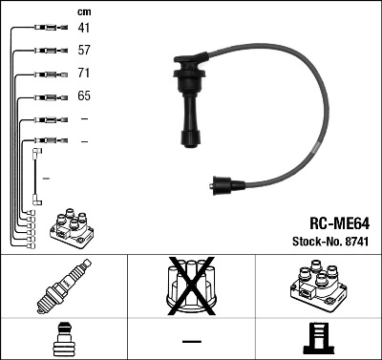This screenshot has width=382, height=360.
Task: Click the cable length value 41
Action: [x=85, y=29]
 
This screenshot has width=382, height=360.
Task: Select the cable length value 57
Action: [x=85, y=51]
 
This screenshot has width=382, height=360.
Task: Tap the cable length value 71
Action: [x=84, y=74]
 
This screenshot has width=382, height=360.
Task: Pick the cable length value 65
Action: [x=85, y=96]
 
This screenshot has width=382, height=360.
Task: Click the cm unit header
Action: [x=84, y=11]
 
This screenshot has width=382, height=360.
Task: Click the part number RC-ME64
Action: [x=328, y=224]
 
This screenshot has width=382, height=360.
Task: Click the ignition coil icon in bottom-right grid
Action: [x=317, y=287]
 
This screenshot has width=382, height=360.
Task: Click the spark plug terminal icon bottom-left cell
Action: [x=63, y=340]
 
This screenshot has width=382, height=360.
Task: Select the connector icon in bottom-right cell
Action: [x=317, y=340]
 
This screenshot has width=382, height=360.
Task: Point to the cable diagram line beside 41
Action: [x=46, y=29]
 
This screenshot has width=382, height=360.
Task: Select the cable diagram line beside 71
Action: [x=46, y=74]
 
